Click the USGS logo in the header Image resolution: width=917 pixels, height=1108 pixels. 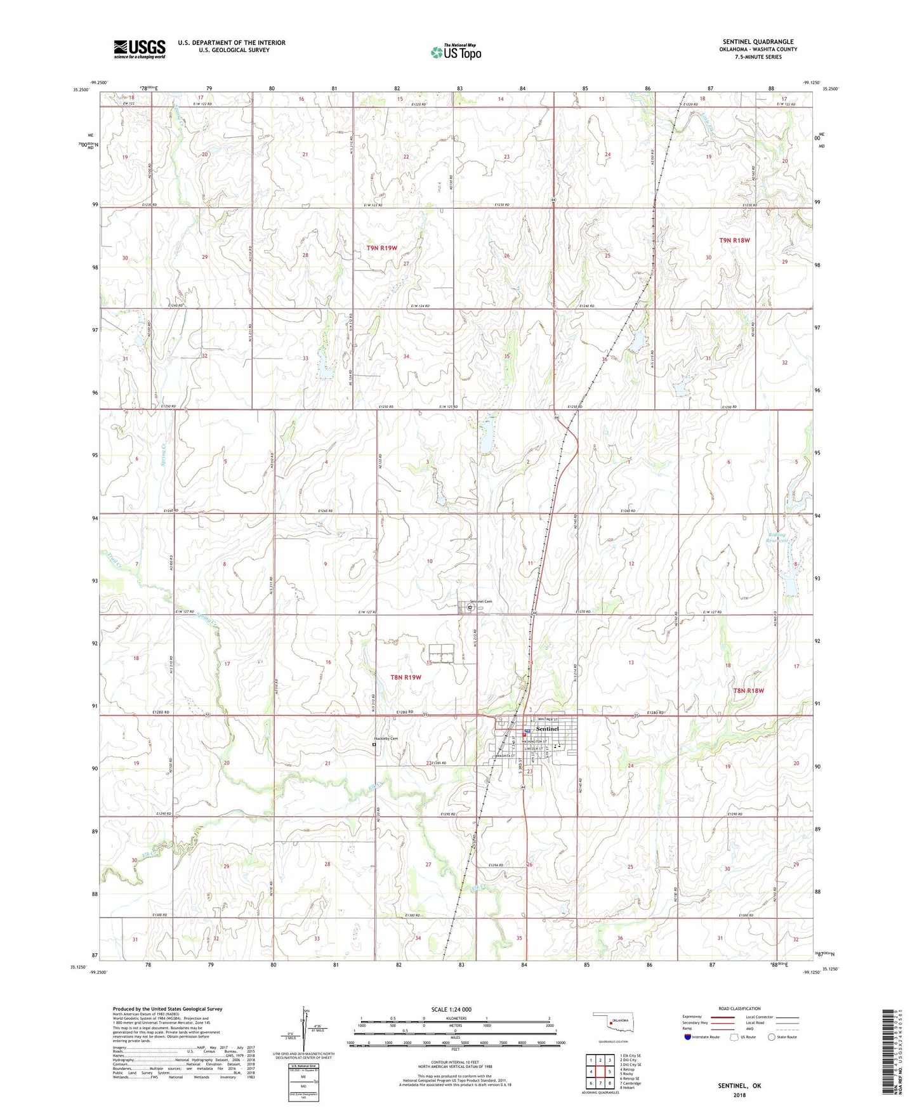pyautogui.click(x=140, y=49)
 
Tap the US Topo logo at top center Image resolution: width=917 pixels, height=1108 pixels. pyautogui.click(x=455, y=52)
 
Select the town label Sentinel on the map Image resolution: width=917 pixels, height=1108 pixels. pyautogui.click(x=547, y=729)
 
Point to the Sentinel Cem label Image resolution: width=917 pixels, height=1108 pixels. pyautogui.click(x=481, y=602)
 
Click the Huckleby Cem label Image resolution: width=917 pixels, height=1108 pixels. pyautogui.click(x=385, y=739)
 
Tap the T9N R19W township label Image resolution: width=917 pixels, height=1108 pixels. pyautogui.click(x=381, y=247)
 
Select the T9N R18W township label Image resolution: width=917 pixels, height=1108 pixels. pyautogui.click(x=735, y=241)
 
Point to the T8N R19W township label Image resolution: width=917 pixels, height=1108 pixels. pyautogui.click(x=406, y=678)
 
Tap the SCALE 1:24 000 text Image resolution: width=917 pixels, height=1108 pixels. pyautogui.click(x=451, y=1009)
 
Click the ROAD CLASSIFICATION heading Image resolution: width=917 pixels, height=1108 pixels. pyautogui.click(x=740, y=1008)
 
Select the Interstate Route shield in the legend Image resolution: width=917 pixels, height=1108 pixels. pyautogui.click(x=689, y=1037)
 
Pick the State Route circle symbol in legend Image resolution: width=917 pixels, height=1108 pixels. pyautogui.click(x=772, y=1037)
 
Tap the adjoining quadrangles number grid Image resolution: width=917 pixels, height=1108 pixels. pyautogui.click(x=600, y=1071)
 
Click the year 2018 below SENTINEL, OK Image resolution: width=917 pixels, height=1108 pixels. pyautogui.click(x=739, y=1095)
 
